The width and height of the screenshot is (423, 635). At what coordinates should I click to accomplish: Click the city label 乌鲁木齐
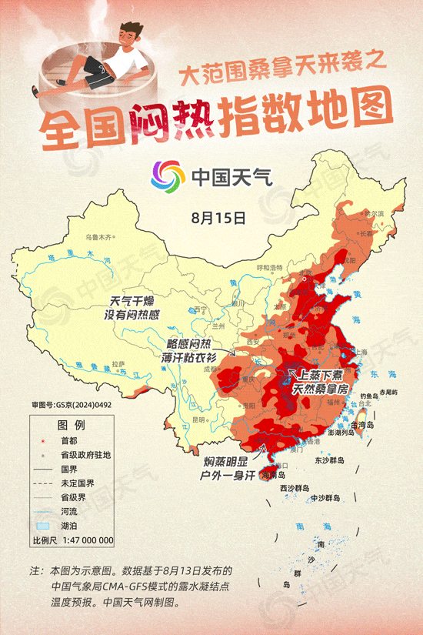click(x=98, y=236)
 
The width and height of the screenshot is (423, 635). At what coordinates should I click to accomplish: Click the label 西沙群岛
click(x=294, y=488)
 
